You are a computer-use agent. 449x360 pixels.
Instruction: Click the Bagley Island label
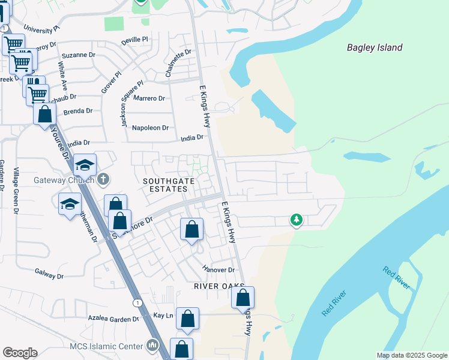coord(375,47)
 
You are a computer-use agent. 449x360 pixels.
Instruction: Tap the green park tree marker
coord(296,220)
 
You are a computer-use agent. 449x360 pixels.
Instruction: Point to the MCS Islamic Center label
coord(106,346)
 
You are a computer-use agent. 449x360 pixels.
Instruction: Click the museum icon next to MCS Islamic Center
coord(152,346)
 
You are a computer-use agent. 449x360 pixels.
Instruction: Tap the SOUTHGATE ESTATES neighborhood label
coord(165,185)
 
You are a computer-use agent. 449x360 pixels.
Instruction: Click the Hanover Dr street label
coord(218,270)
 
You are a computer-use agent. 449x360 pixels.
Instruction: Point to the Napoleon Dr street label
coord(151,128)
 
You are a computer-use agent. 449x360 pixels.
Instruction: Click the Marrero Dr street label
coord(149,98)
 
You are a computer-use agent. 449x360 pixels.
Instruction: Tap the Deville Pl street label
coord(134,40)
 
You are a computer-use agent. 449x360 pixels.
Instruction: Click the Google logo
coord(20,353)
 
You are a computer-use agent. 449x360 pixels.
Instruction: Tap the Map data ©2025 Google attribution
coord(412,355)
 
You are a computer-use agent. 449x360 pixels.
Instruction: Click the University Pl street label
coord(41,28)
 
